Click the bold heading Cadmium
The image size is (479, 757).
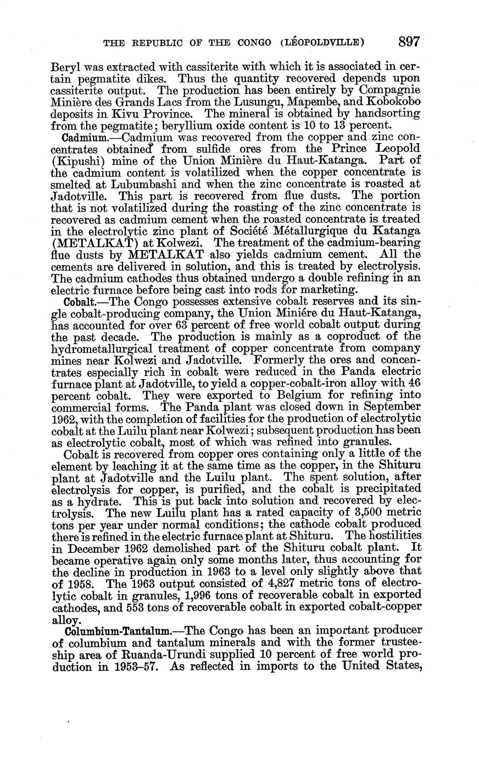click(81, 137)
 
